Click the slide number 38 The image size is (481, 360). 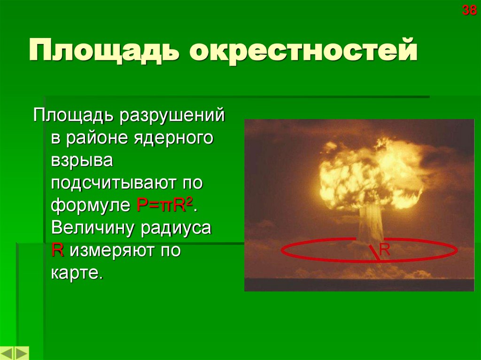[469, 10]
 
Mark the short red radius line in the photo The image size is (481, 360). [374, 252]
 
